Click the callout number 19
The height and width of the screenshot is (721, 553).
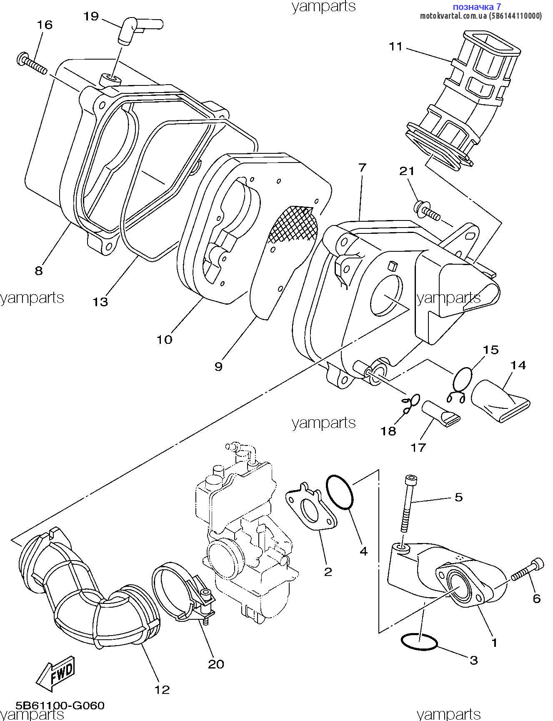pos(91,16)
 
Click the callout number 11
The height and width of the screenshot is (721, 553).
pos(396,46)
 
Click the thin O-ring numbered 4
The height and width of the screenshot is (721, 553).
pos(340,492)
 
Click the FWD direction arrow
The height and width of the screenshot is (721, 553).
pos(56,674)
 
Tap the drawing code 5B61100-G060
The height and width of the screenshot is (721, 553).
pos(60,706)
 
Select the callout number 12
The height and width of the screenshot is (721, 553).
pos(163,690)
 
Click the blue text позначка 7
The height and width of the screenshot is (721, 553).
pos(476,7)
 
